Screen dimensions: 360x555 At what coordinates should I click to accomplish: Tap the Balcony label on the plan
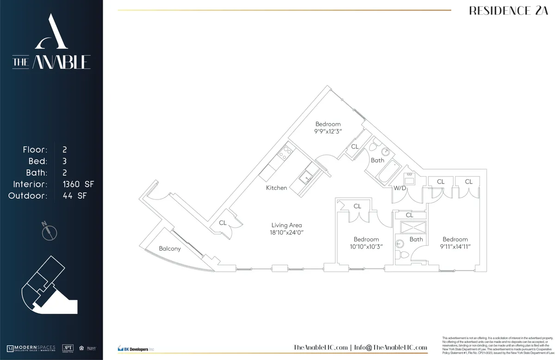pos(170,249)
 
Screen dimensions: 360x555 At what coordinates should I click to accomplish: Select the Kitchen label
pos(277,188)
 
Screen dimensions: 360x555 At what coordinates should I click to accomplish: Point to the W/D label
pos(400,188)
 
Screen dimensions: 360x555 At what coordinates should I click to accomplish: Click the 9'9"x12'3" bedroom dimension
pos(328,131)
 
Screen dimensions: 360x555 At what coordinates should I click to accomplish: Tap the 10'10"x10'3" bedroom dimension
pos(366,247)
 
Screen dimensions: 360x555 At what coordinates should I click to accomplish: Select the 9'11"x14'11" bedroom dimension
pos(455,247)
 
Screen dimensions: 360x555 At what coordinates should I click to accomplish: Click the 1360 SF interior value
pos(78,184)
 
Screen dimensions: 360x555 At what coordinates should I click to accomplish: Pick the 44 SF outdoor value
pos(74,196)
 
